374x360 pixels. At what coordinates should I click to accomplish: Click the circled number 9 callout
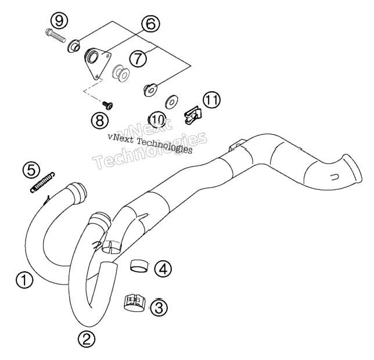[59, 21]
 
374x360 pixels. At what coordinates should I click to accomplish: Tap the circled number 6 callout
[150, 24]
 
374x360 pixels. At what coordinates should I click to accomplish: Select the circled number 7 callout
[138, 59]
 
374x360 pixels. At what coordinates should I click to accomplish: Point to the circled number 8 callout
[100, 120]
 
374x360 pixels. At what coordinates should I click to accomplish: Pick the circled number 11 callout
[212, 100]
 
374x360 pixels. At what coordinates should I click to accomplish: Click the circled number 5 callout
[31, 170]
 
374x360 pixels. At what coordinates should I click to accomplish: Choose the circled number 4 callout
[163, 269]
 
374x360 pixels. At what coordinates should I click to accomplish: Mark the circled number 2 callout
[87, 339]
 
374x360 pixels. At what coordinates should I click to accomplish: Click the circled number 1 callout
[24, 280]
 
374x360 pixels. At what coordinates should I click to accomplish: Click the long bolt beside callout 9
[55, 35]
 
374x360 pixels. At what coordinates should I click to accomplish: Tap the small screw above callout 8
[107, 105]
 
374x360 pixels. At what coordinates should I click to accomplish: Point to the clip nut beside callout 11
[193, 115]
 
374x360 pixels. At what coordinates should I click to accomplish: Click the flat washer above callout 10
[171, 102]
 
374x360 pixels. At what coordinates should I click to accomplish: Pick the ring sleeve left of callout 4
[139, 266]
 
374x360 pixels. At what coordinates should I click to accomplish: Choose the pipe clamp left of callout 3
[135, 303]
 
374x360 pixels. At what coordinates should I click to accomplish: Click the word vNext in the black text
[120, 138]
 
